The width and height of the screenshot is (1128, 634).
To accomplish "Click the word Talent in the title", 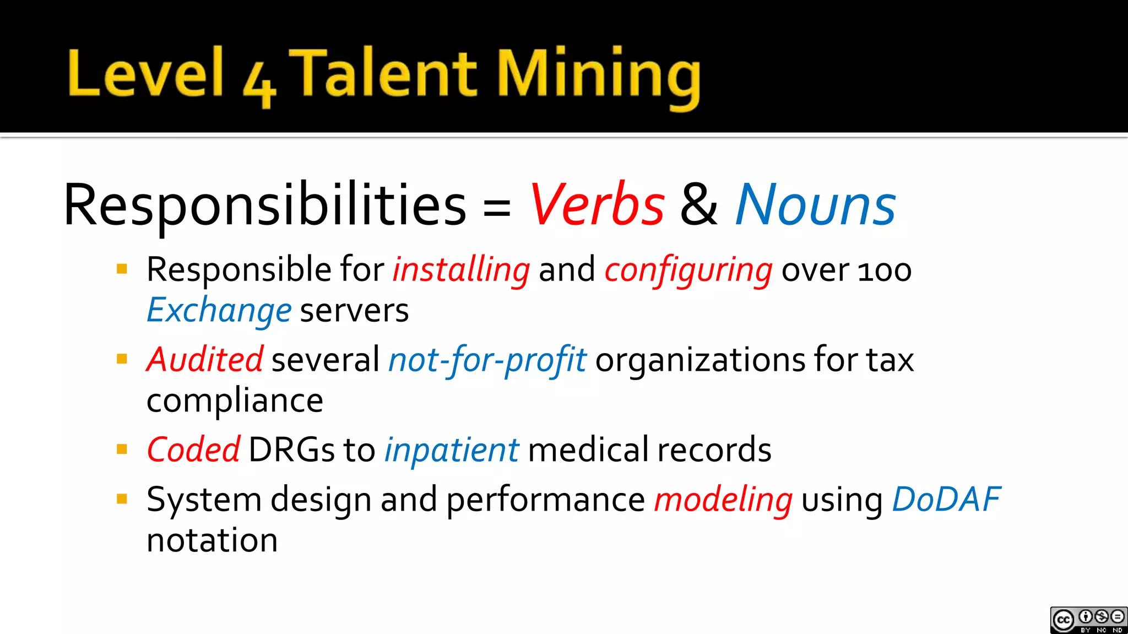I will [x=382, y=74].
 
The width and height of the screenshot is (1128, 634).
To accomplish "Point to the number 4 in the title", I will [x=259, y=85].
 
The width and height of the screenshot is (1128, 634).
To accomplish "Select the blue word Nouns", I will [x=815, y=205].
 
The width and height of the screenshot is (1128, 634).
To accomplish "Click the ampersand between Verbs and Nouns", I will [x=699, y=205].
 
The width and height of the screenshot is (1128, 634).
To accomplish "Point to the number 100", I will [x=885, y=271].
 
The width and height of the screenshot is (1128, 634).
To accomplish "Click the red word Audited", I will [x=204, y=360].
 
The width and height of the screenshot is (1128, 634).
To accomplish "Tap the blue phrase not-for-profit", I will [x=487, y=360].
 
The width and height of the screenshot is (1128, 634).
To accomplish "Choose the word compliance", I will [x=235, y=400].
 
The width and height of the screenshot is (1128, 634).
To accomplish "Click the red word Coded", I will [x=193, y=449].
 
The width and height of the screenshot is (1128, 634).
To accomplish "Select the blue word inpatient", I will [x=451, y=449].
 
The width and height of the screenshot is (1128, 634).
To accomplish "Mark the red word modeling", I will [x=723, y=500].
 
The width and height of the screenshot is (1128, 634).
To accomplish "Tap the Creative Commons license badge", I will [x=1088, y=620].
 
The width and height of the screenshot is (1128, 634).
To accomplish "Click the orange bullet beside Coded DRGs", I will [x=122, y=449].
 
